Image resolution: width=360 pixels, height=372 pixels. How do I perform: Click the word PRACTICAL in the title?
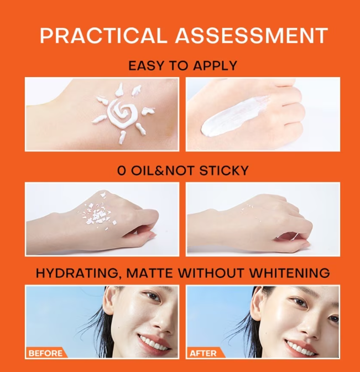[102, 35]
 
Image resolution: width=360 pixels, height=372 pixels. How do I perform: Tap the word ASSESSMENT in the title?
[252, 35]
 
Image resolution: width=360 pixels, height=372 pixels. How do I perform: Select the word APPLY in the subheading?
[215, 65]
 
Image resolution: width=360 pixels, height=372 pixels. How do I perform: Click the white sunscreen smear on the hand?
[233, 116]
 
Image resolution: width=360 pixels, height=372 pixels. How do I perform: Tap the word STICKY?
[224, 170]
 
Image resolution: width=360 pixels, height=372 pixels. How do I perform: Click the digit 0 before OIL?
[122, 170]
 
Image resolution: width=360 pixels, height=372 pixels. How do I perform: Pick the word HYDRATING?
[77, 273]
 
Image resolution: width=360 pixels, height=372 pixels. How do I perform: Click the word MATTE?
[149, 273]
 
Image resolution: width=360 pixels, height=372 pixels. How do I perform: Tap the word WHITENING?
[289, 273]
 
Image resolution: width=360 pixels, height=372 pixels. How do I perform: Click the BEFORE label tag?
[46, 353]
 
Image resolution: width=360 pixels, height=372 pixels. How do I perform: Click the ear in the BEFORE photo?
[109, 301]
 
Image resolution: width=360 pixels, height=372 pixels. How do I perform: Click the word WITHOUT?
[211, 273]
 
